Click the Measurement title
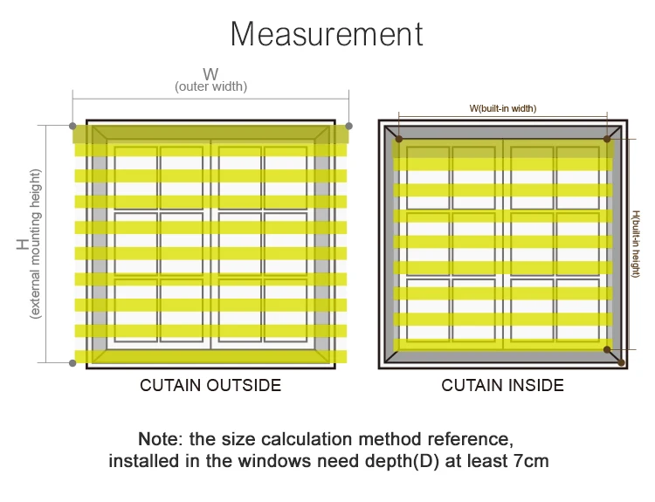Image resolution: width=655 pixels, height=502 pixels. point(327,34)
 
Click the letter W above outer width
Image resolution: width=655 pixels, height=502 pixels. point(210,73)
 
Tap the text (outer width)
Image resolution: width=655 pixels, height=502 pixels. point(210,86)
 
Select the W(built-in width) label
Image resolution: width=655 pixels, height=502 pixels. point(503,108)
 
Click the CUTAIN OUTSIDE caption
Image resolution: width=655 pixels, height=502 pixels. point(210,385)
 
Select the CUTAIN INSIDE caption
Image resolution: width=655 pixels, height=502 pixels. point(503,385)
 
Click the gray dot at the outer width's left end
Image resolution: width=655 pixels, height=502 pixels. point(72,127)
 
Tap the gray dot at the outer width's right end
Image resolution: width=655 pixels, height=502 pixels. point(349,127)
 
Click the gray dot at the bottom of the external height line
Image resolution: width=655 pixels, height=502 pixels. point(72,361)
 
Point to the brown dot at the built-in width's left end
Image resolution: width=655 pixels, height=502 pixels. point(399,139)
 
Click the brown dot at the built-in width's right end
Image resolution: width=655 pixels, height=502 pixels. point(607,139)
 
